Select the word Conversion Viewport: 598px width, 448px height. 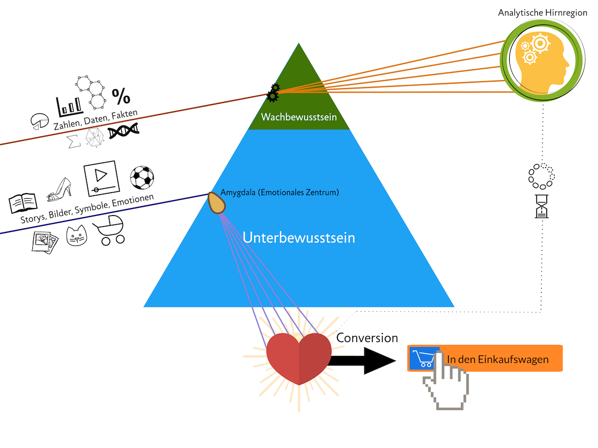(x=367, y=338)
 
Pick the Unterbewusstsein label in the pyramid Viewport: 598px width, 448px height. (x=299, y=237)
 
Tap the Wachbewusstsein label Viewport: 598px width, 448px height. (x=299, y=117)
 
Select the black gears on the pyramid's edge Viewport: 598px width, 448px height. (x=273, y=92)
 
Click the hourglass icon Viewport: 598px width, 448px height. (x=542, y=206)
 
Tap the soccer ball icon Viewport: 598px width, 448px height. (x=142, y=178)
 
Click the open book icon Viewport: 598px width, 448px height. (x=23, y=203)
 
